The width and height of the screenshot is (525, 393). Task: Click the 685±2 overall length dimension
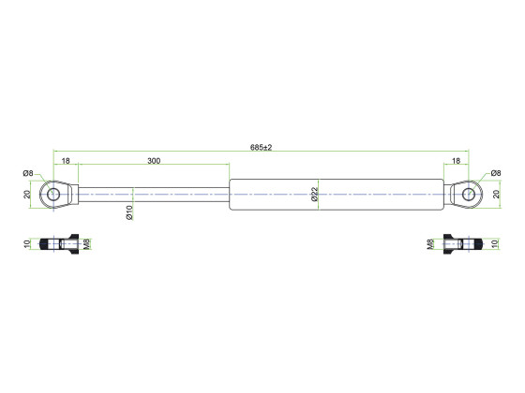[262, 147]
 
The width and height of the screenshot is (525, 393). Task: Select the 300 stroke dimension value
[154, 161]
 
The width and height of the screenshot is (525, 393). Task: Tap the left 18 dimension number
[66, 161]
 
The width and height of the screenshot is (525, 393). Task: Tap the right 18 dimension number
[456, 161]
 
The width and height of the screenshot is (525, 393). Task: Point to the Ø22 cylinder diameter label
[314, 195]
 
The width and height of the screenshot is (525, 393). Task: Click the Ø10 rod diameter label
[129, 212]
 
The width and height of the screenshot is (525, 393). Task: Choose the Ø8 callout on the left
[28, 173]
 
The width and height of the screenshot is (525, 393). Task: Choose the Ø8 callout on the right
[496, 173]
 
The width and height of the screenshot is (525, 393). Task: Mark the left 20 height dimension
[27, 195]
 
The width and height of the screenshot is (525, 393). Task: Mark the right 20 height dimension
[497, 195]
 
